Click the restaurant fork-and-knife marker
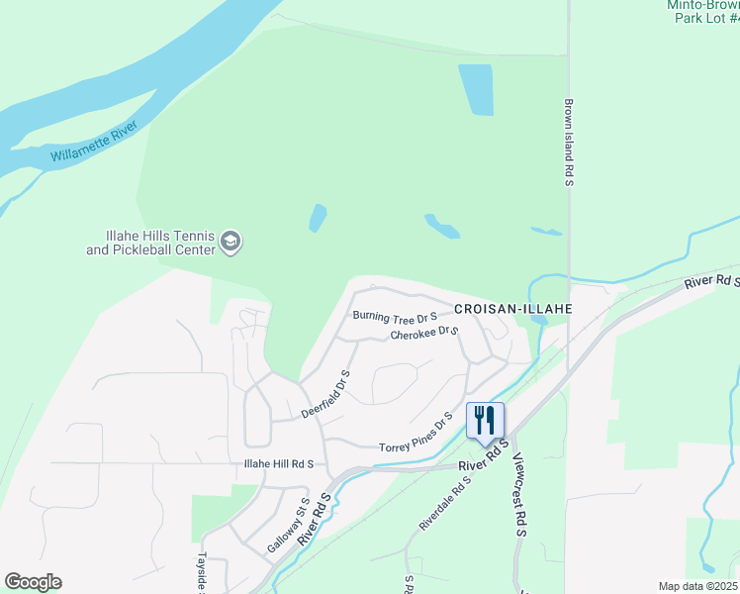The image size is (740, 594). tap(485, 420)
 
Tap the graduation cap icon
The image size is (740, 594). tap(231, 242)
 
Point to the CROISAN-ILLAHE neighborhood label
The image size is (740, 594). tap(513, 309)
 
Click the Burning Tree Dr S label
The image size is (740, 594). tap(395, 317)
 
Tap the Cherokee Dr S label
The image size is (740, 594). tap(424, 334)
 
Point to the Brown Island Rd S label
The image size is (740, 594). tap(570, 140)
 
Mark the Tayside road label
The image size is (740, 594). tap(202, 574)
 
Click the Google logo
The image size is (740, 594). tap(33, 582)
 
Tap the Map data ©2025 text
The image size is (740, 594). tap(697, 586)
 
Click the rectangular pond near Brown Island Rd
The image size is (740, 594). tap(476, 90)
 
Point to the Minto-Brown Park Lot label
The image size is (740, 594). tap(703, 11)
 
